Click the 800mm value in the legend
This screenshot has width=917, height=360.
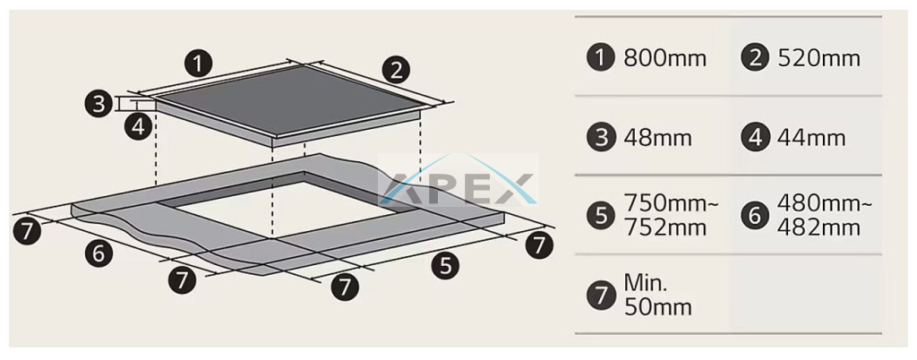(x=665, y=58)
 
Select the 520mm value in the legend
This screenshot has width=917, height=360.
(x=818, y=58)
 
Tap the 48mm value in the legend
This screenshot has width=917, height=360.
(x=658, y=138)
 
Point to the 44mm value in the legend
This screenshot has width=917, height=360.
(x=811, y=138)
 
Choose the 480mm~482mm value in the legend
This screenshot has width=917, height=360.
(x=825, y=216)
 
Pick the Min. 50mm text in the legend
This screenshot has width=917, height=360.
(x=658, y=296)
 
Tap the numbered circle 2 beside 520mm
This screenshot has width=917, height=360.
(x=754, y=58)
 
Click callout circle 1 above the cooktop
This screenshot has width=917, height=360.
(x=198, y=63)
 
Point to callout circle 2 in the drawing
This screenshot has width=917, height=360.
(x=397, y=70)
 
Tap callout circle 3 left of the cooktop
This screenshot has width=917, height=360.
(x=99, y=104)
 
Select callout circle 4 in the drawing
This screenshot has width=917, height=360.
(x=138, y=126)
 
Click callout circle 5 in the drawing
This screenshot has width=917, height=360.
(x=446, y=266)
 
